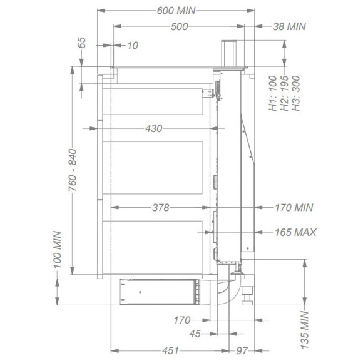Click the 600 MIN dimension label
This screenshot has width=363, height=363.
click(x=176, y=11)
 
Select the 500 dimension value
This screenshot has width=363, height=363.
click(x=179, y=27)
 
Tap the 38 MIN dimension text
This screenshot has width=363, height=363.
click(x=289, y=26)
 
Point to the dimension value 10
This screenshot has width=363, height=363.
click(x=133, y=45)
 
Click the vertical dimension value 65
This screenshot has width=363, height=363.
click(x=82, y=43)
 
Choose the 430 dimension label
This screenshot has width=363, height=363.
click(x=154, y=128)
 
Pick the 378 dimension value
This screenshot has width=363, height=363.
click(x=161, y=207)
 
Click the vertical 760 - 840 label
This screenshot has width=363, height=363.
click(x=73, y=170)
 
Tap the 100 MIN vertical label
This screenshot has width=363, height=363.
click(x=58, y=250)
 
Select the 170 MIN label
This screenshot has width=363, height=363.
click(x=294, y=207)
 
